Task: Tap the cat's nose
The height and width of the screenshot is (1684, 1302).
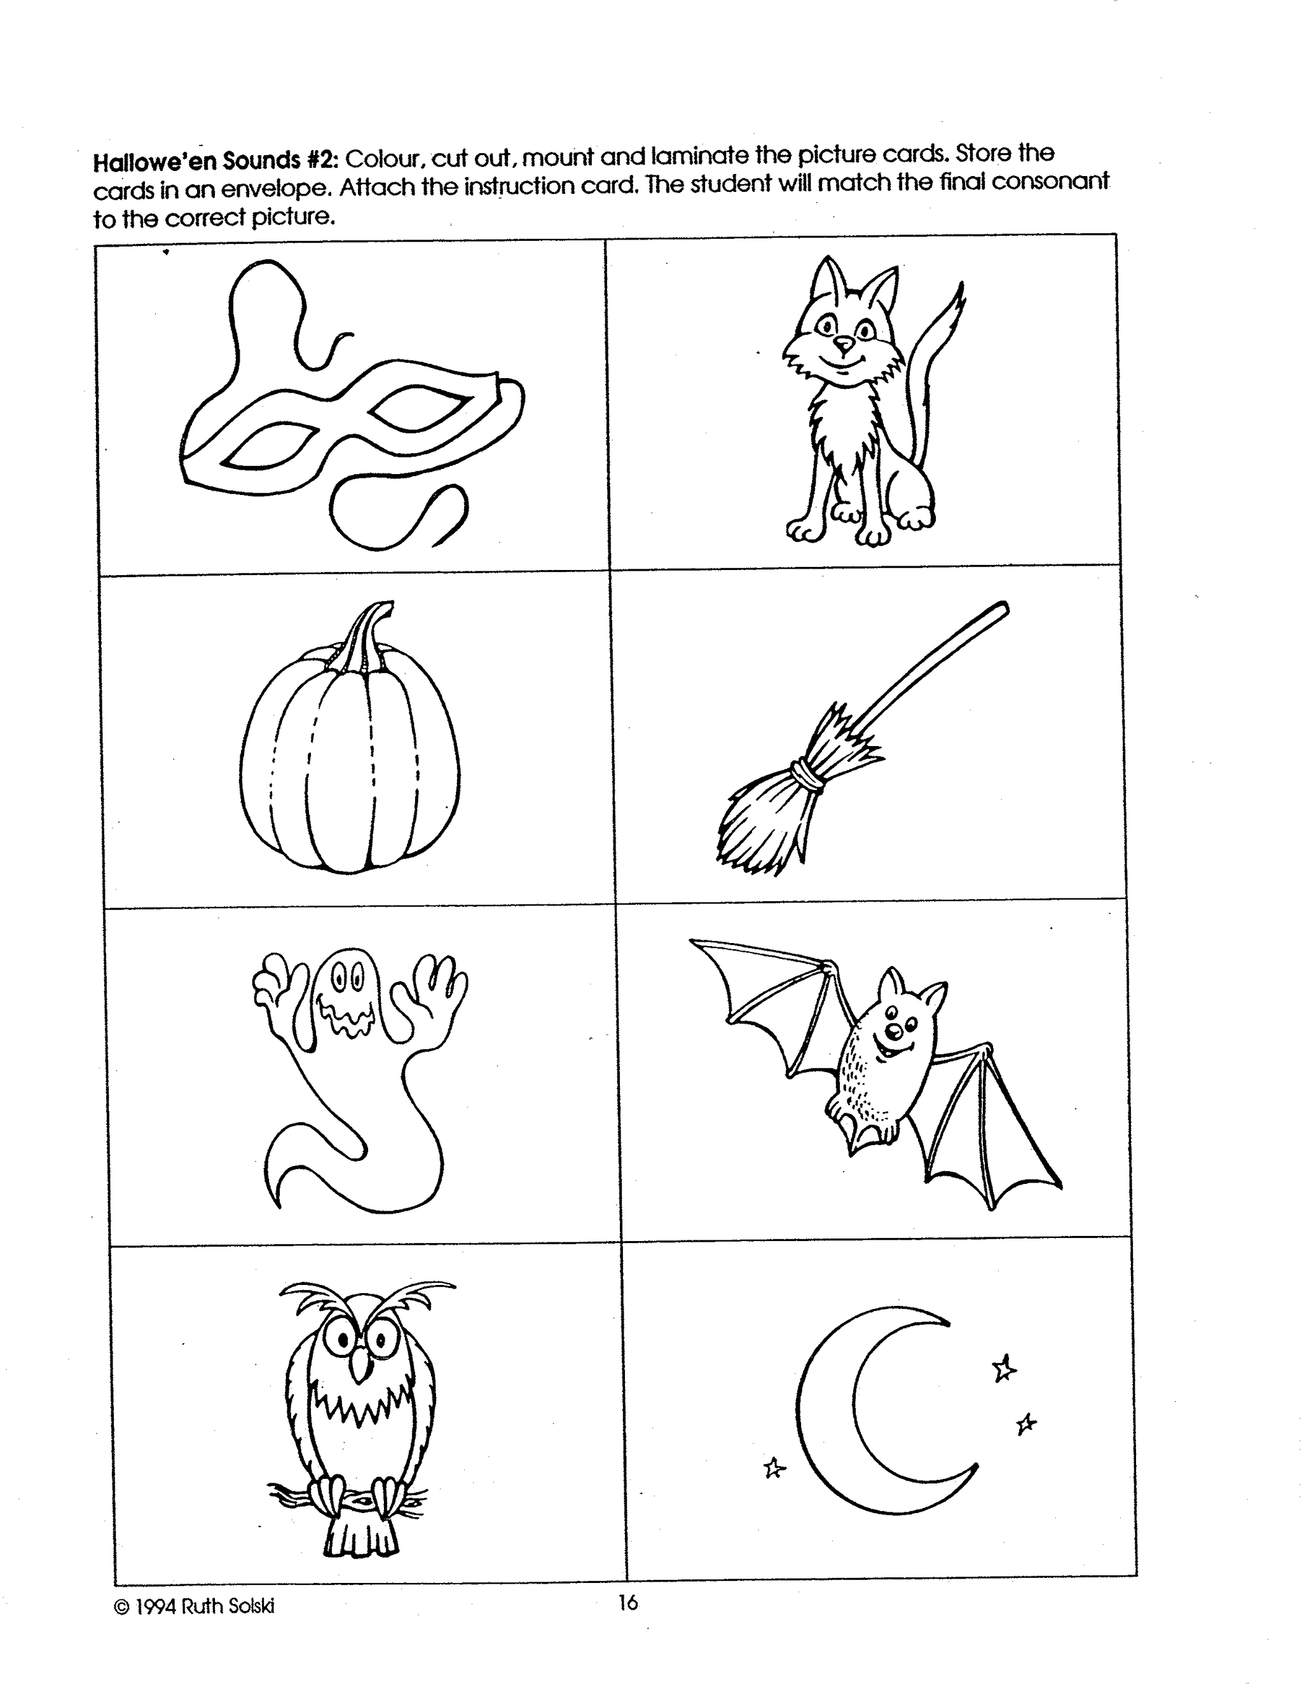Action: [845, 343]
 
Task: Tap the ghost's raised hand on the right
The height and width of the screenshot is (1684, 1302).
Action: [441, 995]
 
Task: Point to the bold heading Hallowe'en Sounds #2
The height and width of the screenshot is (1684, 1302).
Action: [217, 161]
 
